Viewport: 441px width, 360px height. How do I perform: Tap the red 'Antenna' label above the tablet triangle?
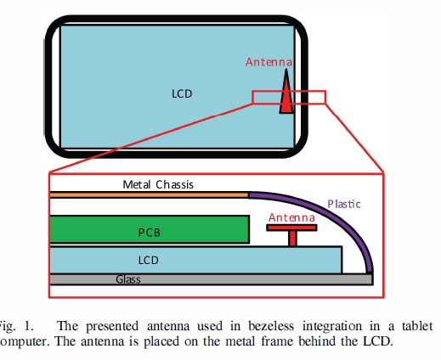269,63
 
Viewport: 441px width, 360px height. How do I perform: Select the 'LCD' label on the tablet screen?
182,93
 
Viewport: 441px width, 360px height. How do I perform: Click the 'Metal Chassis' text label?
158,183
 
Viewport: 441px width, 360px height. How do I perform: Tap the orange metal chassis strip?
149,194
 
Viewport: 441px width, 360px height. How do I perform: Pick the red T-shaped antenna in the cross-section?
292,230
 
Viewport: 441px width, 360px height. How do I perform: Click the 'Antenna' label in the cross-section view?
291,217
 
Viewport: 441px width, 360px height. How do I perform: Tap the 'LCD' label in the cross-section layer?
150,258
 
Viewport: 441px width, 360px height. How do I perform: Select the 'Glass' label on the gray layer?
128,278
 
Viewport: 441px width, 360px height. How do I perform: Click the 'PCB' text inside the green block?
150,231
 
